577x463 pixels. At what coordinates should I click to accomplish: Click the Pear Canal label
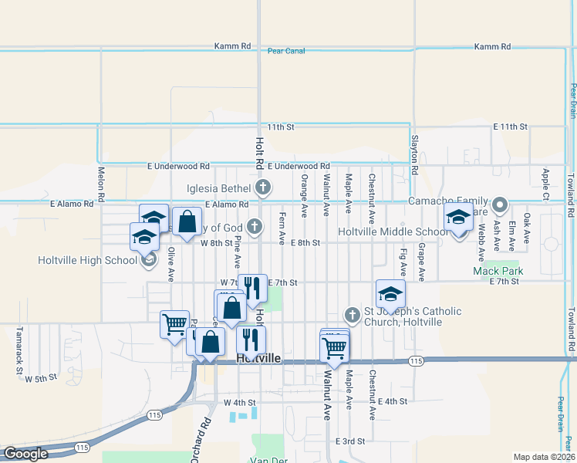(286, 51)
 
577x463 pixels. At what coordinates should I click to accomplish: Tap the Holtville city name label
(258, 360)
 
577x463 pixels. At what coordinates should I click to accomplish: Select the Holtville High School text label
(87, 260)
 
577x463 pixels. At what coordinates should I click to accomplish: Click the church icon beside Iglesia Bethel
(263, 188)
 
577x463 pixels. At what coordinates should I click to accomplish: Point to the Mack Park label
(498, 271)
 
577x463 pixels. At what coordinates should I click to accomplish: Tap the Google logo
(25, 454)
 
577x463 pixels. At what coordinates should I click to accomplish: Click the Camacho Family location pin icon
(499, 206)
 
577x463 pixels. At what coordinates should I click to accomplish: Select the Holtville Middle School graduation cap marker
(458, 220)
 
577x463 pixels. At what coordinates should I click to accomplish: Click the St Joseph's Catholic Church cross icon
(353, 314)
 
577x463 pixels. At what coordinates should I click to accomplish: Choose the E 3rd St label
(349, 441)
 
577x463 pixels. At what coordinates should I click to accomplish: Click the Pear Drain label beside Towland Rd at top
(573, 100)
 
